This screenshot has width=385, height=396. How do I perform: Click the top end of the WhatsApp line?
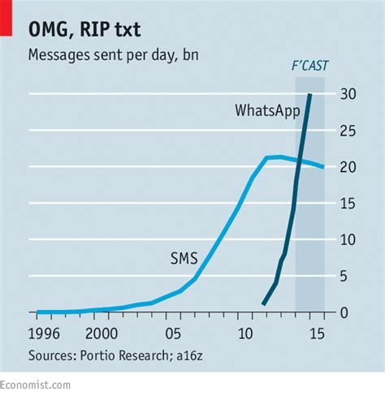coord(309,95)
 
